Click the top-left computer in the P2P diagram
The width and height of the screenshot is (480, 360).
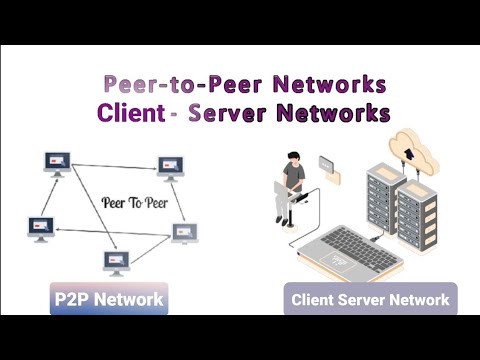pos(57,163)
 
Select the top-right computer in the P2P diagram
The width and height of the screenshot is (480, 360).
pos(169,166)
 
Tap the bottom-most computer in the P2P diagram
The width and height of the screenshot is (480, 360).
pos(117,262)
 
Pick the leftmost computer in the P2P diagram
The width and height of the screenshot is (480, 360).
pos(41,227)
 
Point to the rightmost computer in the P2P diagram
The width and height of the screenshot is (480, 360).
pos(185,233)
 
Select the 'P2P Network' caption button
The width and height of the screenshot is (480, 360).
pos(108,298)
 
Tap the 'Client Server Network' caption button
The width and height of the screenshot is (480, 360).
pos(370,298)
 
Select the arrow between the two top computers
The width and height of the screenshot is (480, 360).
pos(113,163)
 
